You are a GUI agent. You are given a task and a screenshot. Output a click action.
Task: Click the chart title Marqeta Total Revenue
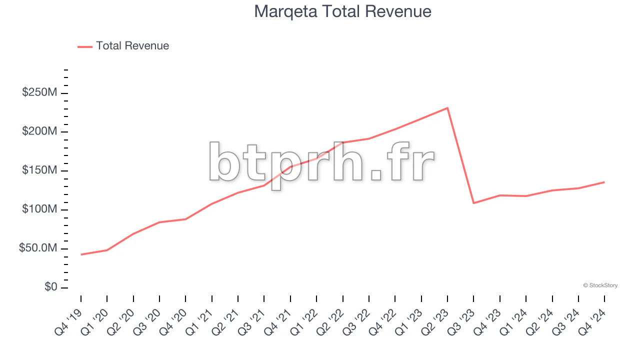pyautogui.click(x=342, y=11)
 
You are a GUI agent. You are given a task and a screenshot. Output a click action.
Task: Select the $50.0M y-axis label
pyautogui.click(x=38, y=248)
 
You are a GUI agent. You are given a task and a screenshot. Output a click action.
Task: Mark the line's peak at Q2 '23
pyautogui.click(x=447, y=108)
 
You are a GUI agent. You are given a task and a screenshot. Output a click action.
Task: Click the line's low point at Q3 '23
pyautogui.click(x=473, y=203)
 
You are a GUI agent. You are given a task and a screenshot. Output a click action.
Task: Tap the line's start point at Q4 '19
pyautogui.click(x=81, y=254)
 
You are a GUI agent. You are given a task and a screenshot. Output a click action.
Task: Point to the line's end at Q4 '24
pyautogui.click(x=604, y=182)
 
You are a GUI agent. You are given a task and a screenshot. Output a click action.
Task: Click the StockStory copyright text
pyautogui.click(x=600, y=285)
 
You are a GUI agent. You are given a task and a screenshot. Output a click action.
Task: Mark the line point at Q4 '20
pyautogui.click(x=185, y=219)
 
